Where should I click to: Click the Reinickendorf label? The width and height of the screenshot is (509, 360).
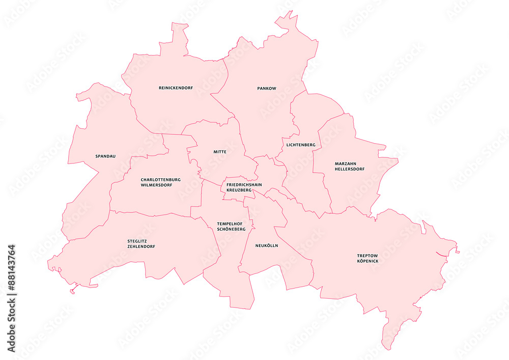(176, 88)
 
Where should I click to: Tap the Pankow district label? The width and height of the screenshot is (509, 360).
(267, 89)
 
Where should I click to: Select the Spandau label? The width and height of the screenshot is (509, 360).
(105, 156)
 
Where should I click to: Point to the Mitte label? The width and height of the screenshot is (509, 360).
(220, 152)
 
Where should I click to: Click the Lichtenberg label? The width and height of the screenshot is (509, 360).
(301, 145)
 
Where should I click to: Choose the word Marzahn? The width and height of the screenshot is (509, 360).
(345, 163)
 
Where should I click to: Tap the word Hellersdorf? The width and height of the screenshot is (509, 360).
(349, 169)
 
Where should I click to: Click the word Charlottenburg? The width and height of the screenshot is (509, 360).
(161, 179)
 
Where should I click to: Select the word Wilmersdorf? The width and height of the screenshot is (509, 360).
(156, 185)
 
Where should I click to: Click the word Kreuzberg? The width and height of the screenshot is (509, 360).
(239, 190)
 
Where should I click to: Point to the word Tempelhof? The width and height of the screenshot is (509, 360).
(230, 224)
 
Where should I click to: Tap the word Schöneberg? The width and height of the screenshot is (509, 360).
(231, 229)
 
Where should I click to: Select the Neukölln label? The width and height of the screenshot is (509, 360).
(267, 245)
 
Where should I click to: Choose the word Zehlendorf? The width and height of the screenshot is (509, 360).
(141, 246)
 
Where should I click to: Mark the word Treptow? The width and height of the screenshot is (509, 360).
(367, 256)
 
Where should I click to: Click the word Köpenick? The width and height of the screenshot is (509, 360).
(367, 261)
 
